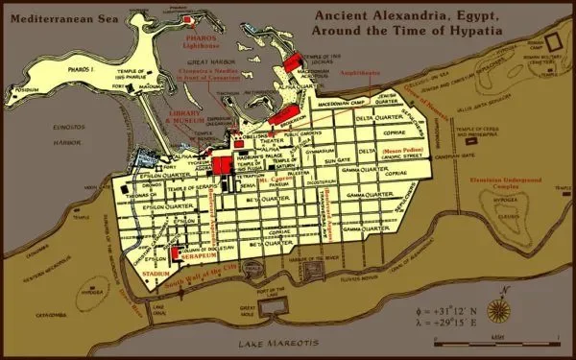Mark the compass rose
click(x=498, y=309)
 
